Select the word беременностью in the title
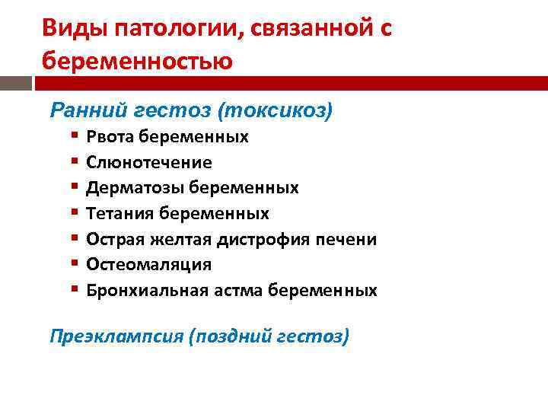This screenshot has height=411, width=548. (137, 59)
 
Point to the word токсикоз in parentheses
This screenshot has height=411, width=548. (275, 111)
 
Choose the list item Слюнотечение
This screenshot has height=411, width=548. (149, 162)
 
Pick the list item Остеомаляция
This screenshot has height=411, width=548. (149, 264)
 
